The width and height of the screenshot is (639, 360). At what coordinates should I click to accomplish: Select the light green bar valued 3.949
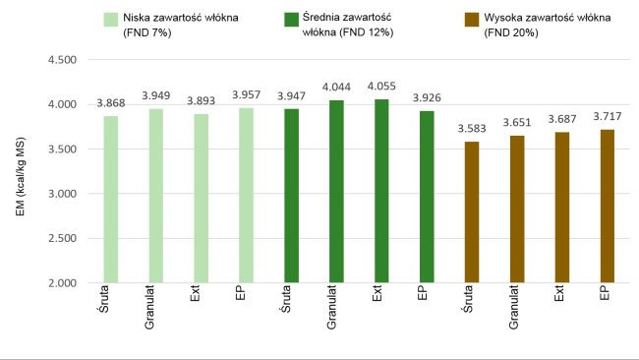coord(156,196)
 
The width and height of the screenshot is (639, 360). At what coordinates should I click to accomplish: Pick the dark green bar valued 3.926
coord(427,197)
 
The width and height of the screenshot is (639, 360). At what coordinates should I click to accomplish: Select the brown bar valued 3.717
coord(607,207)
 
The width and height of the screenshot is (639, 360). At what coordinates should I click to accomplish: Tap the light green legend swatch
coord(111,19)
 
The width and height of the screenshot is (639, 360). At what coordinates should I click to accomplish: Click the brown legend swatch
coord(471,19)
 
